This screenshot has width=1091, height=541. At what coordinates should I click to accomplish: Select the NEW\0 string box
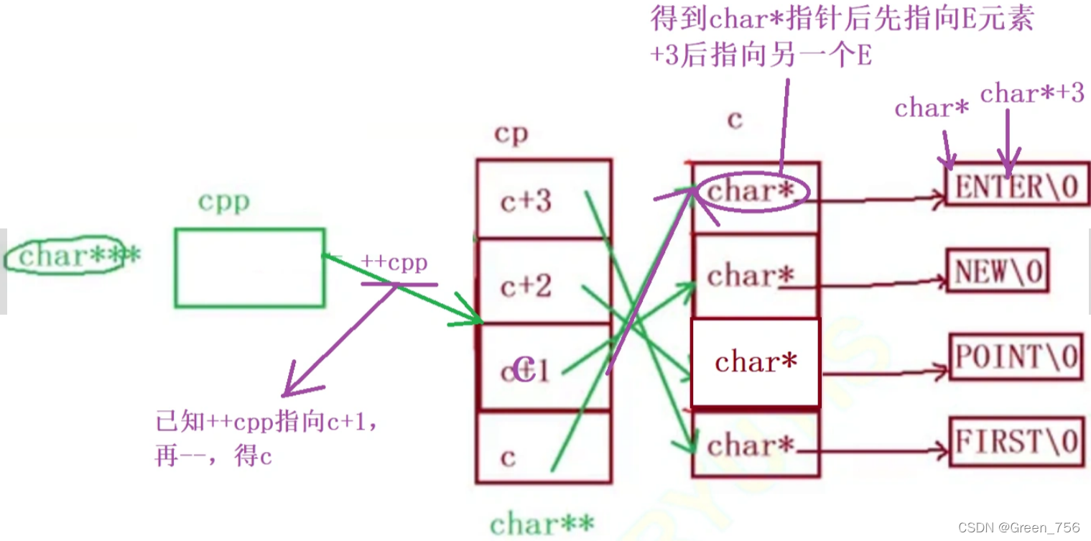click(x=998, y=272)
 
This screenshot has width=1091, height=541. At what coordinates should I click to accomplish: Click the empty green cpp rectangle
click(x=249, y=267)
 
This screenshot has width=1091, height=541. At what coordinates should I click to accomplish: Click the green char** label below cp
click(x=542, y=524)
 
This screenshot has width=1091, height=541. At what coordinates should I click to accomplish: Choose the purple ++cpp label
click(x=394, y=262)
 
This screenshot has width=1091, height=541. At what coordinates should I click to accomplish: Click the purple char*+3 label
click(x=1031, y=93)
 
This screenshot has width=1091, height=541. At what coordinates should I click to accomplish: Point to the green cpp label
click(x=224, y=202)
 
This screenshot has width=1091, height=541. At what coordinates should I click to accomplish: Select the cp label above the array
click(x=511, y=134)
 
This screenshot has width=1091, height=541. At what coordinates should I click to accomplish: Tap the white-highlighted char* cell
click(x=756, y=362)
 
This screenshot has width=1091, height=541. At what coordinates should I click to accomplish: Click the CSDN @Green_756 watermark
click(x=1018, y=527)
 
